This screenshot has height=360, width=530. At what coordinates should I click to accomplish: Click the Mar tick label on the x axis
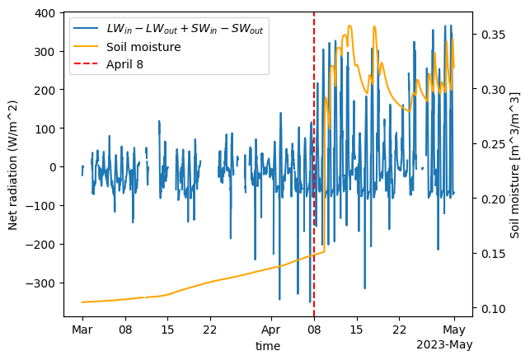[x=82, y=330]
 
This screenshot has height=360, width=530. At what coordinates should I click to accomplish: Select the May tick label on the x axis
[x=454, y=330]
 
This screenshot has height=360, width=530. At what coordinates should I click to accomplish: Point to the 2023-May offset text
[x=445, y=344]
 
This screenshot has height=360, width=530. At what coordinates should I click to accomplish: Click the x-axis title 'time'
[x=268, y=346]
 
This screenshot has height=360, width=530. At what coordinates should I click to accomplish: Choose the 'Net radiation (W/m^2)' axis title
[x=13, y=165]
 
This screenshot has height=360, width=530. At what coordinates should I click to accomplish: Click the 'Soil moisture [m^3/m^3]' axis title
[x=515, y=165]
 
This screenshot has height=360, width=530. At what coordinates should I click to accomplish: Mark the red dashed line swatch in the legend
[x=87, y=64]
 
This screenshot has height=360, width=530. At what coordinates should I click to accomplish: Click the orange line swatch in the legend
[x=87, y=47]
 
